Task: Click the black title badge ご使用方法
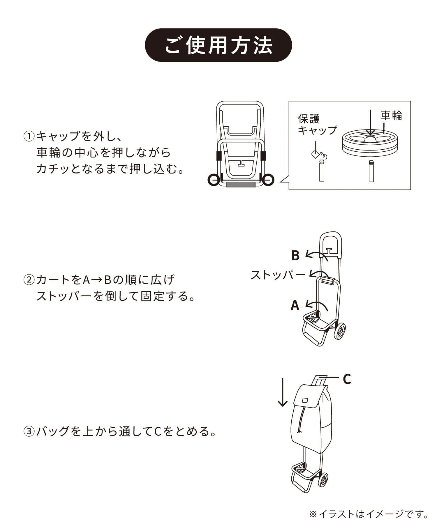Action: coord(218,45)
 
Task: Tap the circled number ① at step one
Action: coord(29,136)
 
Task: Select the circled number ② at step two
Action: coord(29,280)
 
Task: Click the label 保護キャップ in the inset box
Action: coord(317,124)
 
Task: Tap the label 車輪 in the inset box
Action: coord(391,116)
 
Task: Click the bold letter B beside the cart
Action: coord(295,255)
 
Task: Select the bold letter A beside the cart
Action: coord(295,305)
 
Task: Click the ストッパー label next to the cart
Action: coord(278,275)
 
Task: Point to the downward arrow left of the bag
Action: coord(282,392)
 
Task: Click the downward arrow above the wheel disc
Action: coord(370,122)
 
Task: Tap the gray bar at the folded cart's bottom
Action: coord(241,185)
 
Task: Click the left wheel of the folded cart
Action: coord(214,180)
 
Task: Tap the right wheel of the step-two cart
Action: coord(341,331)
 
